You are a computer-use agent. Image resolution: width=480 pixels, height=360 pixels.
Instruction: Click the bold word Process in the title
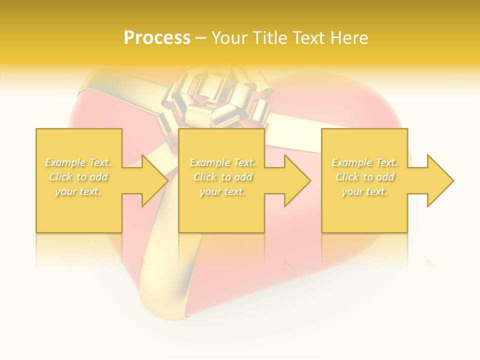click(x=157, y=38)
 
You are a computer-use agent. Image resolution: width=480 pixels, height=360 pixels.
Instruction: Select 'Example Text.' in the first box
click(x=78, y=162)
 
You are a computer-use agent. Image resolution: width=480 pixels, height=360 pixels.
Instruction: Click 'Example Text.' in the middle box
click(x=222, y=162)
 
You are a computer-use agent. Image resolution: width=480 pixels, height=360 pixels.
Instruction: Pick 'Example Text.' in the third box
click(x=364, y=162)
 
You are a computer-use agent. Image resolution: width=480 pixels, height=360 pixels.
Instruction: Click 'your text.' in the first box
click(x=78, y=191)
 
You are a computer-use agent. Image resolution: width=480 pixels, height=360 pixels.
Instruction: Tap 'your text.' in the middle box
click(x=222, y=191)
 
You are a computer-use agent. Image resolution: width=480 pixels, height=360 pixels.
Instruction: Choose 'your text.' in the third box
click(x=364, y=191)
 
